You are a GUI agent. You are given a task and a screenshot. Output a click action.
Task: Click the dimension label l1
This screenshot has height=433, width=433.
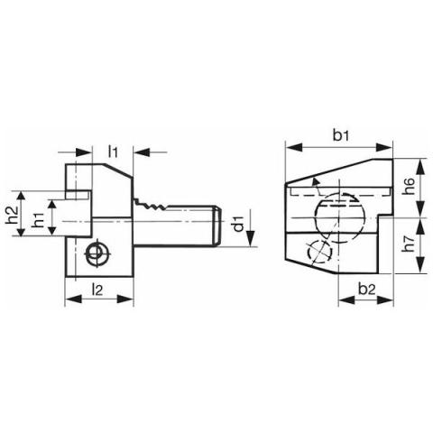[113, 152]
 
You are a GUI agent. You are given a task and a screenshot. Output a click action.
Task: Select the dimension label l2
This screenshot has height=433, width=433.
[97, 290]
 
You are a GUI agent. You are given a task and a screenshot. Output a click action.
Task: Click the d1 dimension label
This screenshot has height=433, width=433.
[238, 224]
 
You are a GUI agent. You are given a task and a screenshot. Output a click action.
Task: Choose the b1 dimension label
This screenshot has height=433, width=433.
[341, 136]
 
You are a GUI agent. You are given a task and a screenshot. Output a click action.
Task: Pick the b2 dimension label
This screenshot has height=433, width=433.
[367, 290]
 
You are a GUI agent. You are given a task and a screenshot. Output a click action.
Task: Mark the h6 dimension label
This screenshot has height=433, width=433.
[409, 187]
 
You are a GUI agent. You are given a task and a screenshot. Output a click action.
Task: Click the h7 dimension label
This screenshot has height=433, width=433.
[409, 244]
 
